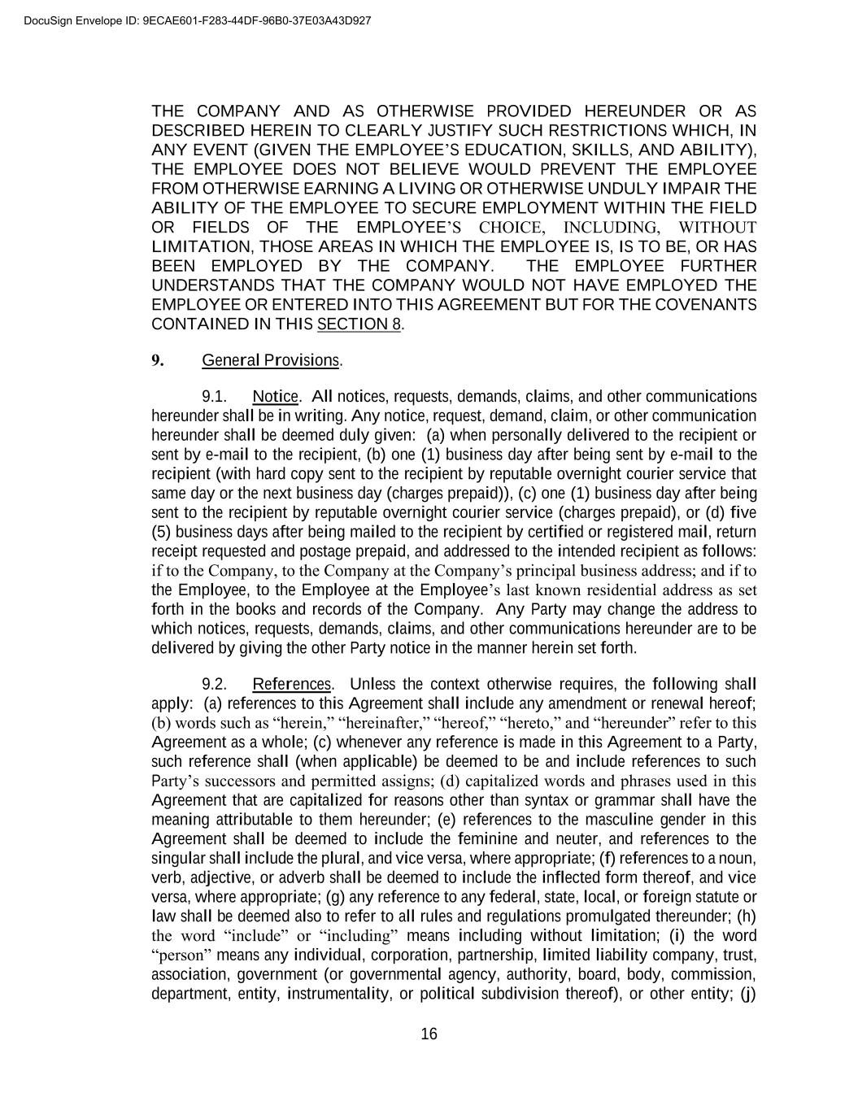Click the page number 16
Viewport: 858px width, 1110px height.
click(x=429, y=1034)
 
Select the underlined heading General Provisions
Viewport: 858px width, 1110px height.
click(x=271, y=359)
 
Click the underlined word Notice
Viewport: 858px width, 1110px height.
click(x=276, y=397)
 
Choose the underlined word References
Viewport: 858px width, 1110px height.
click(x=292, y=684)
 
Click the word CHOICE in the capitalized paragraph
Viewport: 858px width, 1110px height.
click(x=509, y=227)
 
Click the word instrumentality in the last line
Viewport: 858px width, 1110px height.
click(x=340, y=994)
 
